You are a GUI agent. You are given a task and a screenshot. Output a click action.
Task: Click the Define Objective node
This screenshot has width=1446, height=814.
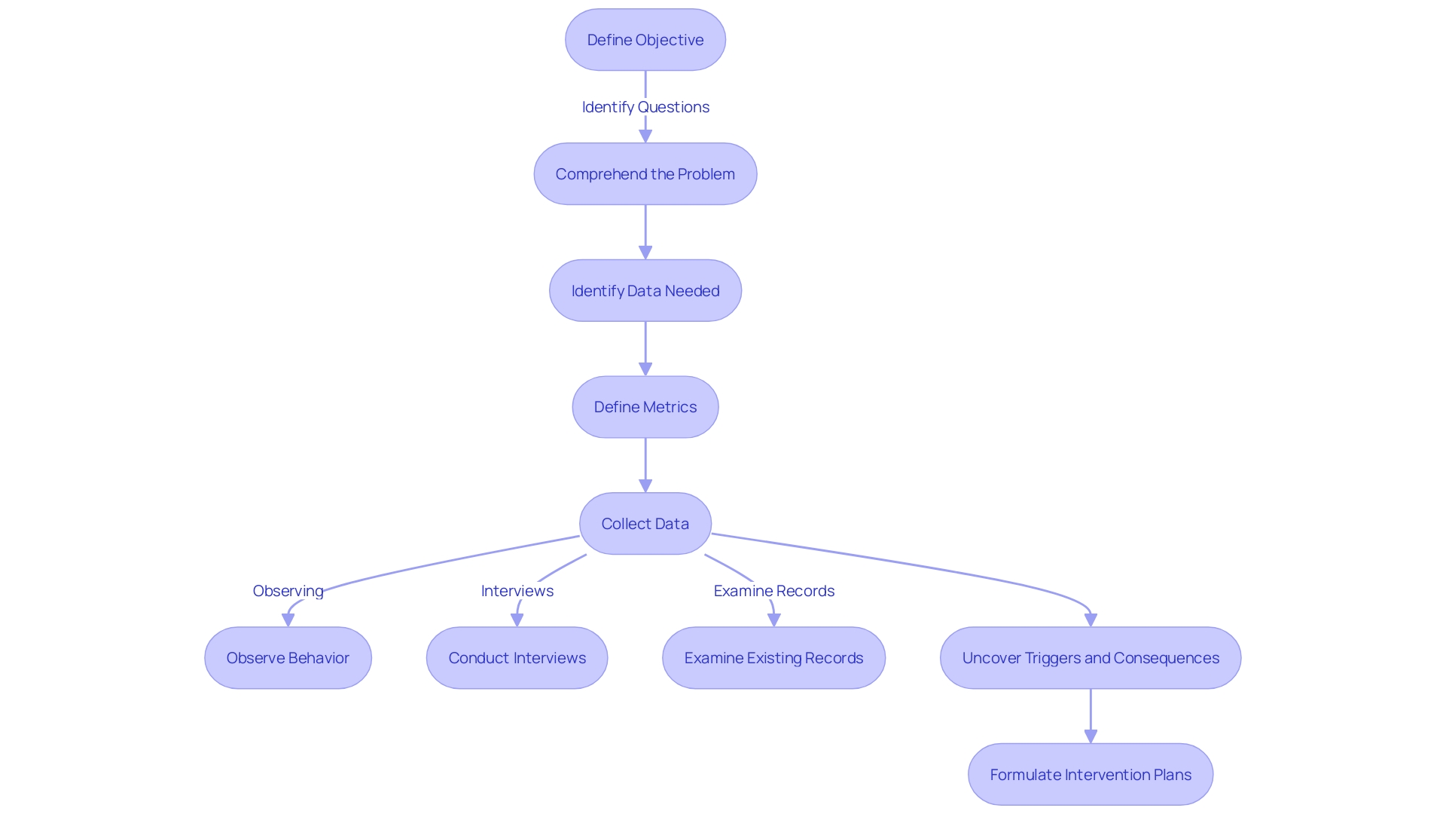tap(645, 40)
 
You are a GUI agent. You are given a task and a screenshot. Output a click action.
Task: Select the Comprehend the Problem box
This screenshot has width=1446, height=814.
tap(645, 174)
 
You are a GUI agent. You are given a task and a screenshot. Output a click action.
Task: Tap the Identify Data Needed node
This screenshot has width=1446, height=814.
tap(645, 291)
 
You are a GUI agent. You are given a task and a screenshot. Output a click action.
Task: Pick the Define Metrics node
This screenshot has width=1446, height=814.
tap(645, 407)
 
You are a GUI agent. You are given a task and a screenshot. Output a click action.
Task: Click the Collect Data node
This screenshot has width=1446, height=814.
tap(645, 524)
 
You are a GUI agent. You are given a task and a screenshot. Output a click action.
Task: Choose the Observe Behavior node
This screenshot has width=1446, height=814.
tap(288, 658)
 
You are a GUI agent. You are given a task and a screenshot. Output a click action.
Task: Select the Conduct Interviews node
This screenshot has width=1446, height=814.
tap(517, 658)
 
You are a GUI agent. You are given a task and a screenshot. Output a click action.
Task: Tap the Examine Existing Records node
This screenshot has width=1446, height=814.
tap(773, 658)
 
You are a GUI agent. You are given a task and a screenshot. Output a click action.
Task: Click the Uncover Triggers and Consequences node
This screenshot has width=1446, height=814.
tap(1091, 658)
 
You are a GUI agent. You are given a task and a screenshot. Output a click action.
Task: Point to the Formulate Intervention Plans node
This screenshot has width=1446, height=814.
tap(1091, 775)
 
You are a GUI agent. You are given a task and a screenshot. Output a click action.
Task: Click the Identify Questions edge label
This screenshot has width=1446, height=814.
tap(645, 107)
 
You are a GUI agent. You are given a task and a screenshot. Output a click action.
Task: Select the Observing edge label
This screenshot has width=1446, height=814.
tap(288, 591)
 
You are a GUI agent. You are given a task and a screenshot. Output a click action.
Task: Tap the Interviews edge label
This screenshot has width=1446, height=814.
tap(517, 591)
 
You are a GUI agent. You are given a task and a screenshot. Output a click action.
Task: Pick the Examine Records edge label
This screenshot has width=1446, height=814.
tap(773, 591)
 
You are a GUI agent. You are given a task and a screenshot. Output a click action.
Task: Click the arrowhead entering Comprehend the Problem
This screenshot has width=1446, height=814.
tap(645, 136)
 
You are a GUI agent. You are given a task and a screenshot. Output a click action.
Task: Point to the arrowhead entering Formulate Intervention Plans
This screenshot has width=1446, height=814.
tap(1091, 736)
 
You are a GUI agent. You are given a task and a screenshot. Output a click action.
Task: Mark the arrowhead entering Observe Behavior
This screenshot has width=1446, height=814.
tap(288, 620)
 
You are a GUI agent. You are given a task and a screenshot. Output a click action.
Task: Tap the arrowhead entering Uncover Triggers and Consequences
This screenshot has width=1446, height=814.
tap(1091, 620)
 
